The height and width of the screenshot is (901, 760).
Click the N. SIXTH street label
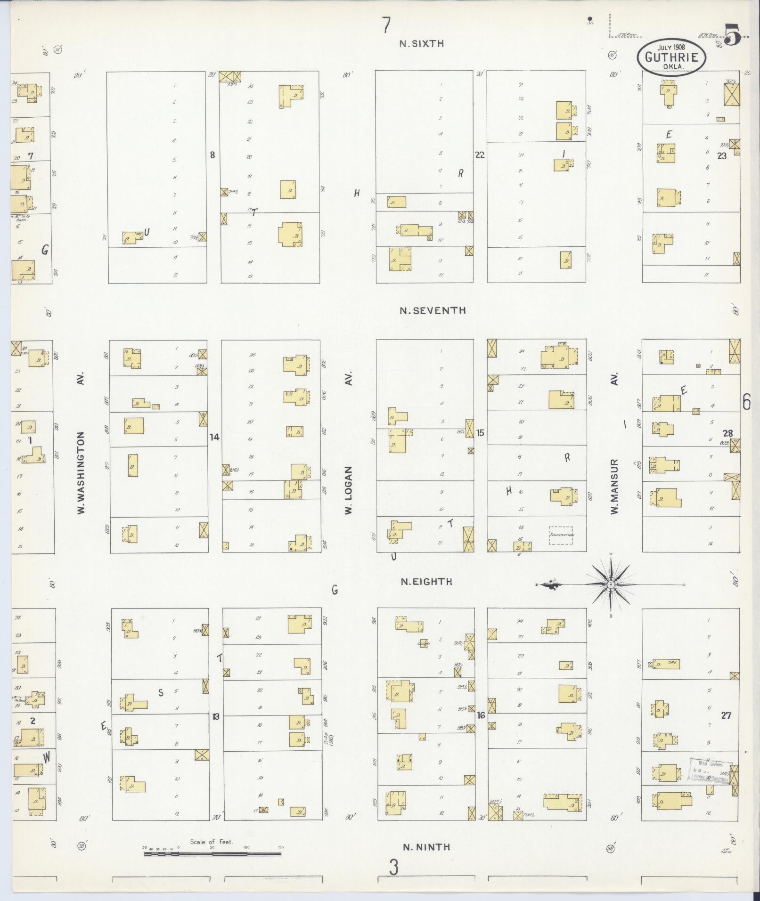click(421, 44)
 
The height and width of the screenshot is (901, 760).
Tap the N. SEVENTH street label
click(433, 310)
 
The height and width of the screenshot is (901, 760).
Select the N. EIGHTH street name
click(426, 582)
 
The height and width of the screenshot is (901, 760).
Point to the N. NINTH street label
click(426, 847)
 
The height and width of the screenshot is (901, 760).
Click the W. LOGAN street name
click(349, 490)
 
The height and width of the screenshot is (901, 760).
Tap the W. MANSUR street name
click(614, 486)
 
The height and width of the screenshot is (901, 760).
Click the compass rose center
click(611, 584)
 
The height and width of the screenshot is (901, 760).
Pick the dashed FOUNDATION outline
click(561, 536)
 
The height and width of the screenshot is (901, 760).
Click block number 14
click(214, 438)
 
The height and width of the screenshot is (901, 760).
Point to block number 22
click(480, 155)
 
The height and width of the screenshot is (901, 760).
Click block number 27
click(726, 715)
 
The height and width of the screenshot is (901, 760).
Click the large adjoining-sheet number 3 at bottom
click(394, 867)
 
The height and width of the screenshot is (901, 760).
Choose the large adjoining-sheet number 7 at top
click(386, 25)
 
